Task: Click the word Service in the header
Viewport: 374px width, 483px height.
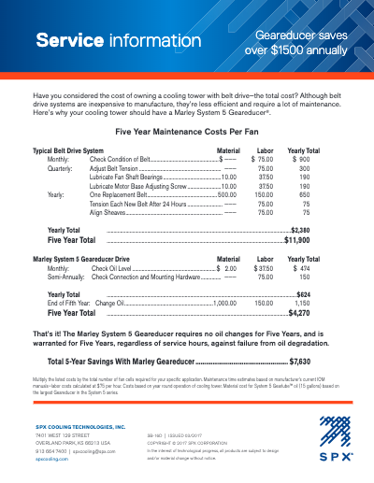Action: pyautogui.click(x=67, y=41)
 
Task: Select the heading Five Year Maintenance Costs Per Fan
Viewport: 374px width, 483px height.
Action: pyautogui.click(x=186, y=134)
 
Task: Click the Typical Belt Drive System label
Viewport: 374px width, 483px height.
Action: pyautogui.click(x=68, y=150)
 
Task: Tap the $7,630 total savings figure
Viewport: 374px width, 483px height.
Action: pyautogui.click(x=300, y=360)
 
